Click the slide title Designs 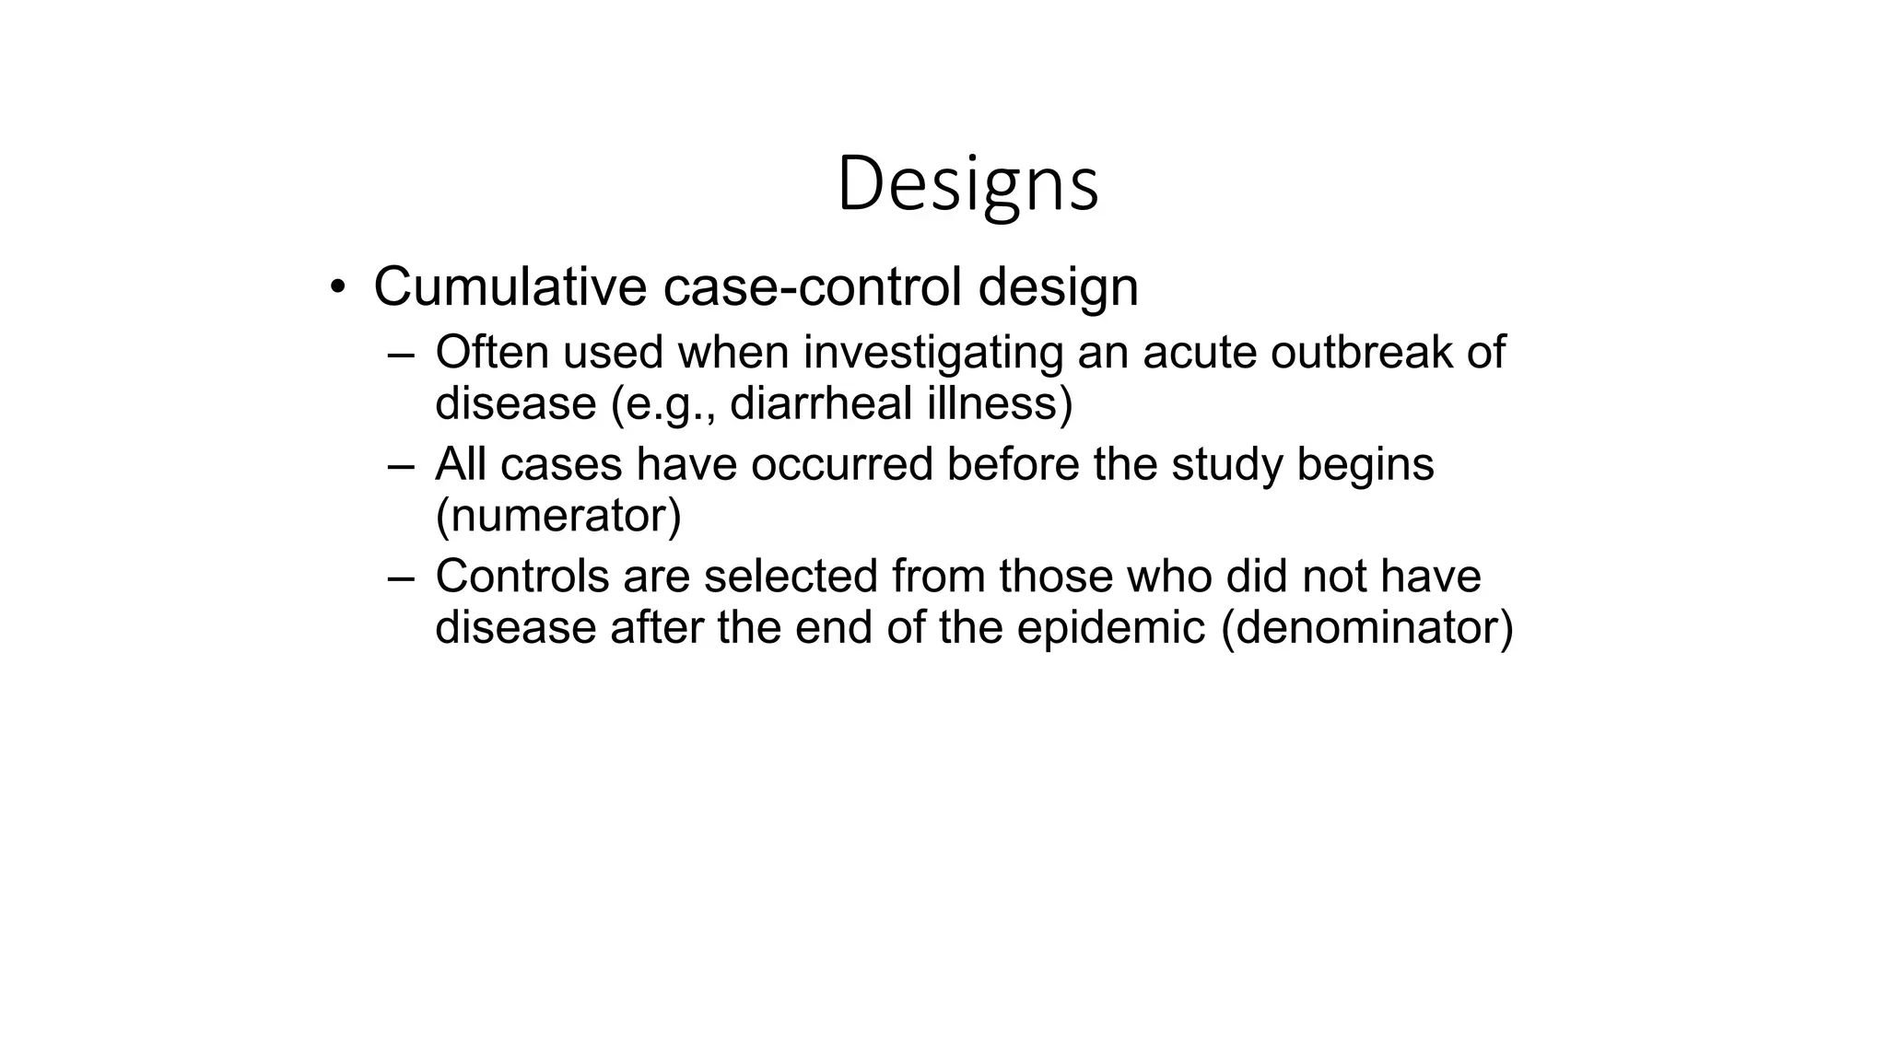[x=967, y=184]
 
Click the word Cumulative [x=510, y=286]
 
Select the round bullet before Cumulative [x=338, y=287]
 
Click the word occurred [x=841, y=464]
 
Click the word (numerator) [x=557, y=516]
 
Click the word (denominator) [x=1366, y=628]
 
